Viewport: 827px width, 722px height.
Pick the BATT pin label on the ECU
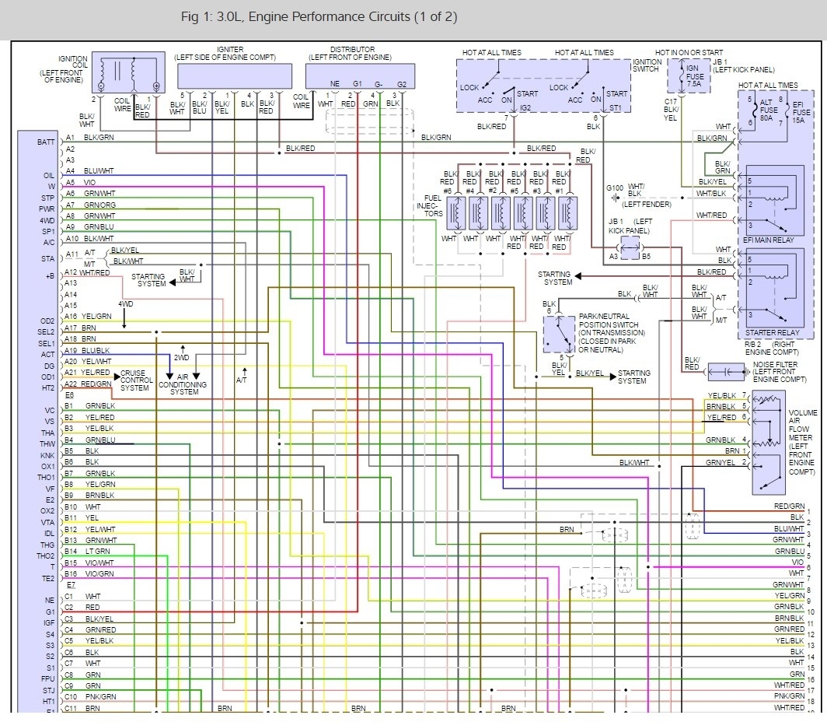click(x=46, y=142)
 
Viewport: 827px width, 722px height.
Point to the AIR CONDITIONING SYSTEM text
click(x=184, y=385)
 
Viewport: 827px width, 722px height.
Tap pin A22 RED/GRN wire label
click(x=96, y=384)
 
